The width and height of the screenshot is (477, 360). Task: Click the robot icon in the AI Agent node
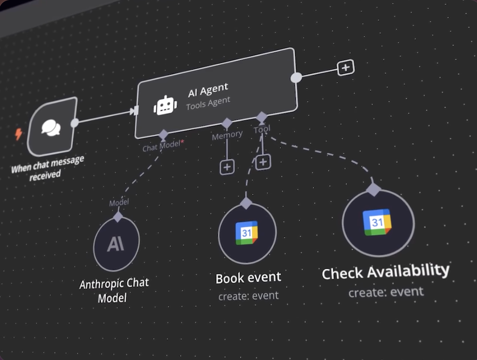pos(165,105)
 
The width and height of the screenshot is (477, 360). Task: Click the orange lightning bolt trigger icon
pos(19,134)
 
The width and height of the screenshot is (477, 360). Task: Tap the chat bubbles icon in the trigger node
pos(51,128)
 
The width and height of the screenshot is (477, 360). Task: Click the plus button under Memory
pos(227,167)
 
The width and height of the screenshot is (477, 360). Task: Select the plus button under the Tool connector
pos(263,162)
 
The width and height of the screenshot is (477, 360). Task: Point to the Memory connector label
pos(227,135)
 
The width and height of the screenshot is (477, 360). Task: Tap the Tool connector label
pos(262,129)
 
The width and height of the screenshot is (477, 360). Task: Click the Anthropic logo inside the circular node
pos(116,244)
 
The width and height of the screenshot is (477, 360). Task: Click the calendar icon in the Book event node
pos(247,233)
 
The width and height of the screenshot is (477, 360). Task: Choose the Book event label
pos(248,278)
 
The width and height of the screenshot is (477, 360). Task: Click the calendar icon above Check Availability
pos(377,222)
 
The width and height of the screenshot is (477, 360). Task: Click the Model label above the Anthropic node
pos(119,202)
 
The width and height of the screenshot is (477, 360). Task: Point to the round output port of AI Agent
pos(296,77)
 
